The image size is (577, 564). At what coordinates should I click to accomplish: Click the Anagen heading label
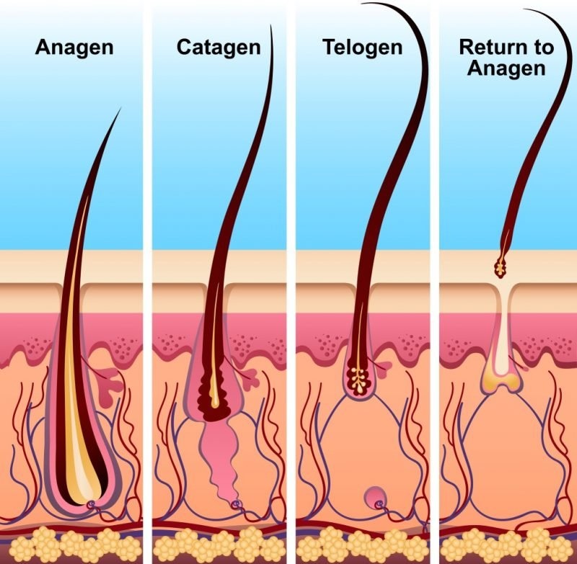pos(74,48)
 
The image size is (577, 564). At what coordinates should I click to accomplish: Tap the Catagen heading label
pos(219,48)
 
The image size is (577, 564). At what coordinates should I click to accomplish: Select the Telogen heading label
pos(363,48)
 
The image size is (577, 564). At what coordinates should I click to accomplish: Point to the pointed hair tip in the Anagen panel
pos(120,109)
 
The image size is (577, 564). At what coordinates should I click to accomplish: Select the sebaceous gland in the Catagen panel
pos(251,378)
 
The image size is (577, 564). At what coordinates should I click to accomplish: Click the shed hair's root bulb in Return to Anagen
pos(500,267)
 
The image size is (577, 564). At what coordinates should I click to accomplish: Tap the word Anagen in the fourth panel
pos(506,68)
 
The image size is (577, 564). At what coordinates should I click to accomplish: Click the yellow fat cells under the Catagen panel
pos(219,545)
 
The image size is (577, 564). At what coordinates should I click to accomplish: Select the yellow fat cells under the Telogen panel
pos(363,545)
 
